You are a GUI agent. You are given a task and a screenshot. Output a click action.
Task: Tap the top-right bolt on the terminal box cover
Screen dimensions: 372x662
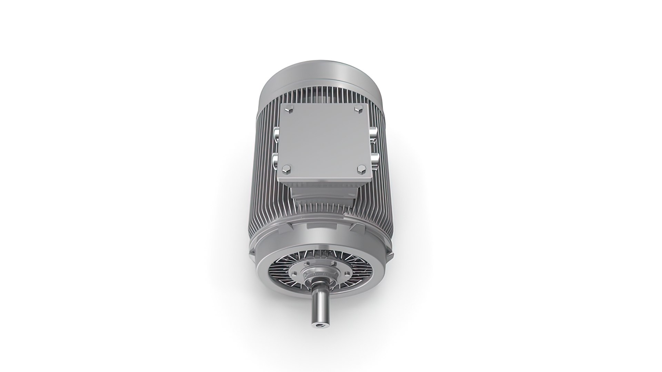coord(358,110)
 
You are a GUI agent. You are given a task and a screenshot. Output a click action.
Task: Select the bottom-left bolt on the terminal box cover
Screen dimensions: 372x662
coord(286,169)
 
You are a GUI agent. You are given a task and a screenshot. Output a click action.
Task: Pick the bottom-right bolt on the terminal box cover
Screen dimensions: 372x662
coord(361,168)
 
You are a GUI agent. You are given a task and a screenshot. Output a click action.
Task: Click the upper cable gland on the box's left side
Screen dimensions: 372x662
coord(277,134)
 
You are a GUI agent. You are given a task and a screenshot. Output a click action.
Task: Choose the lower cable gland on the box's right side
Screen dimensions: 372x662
coord(375,158)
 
